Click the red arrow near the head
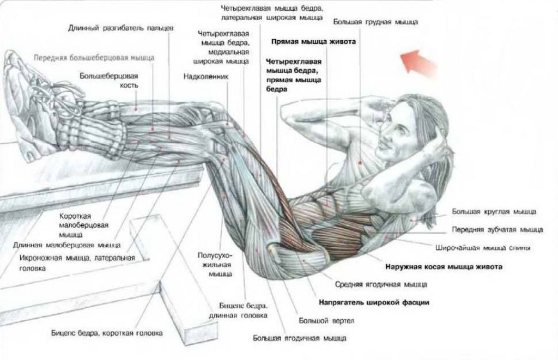tap(418, 63)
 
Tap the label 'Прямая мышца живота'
tap(313, 41)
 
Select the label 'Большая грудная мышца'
tap(375, 22)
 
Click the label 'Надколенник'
tap(206, 76)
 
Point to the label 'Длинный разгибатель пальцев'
tap(121, 28)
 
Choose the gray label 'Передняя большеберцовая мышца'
tap(94, 58)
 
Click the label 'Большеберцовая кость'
tap(109, 81)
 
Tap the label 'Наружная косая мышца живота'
tap(444, 267)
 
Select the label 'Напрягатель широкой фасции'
tap(374, 303)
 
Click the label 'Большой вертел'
tap(327, 321)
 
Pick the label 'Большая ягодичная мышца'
tap(300, 338)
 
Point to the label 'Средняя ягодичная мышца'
tap(381, 285)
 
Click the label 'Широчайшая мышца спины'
tap(483, 248)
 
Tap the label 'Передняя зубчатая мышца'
tap(498, 230)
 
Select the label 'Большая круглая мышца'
tap(494, 212)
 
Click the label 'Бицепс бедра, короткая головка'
tap(107, 333)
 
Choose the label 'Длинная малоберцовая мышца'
tap(67, 245)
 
